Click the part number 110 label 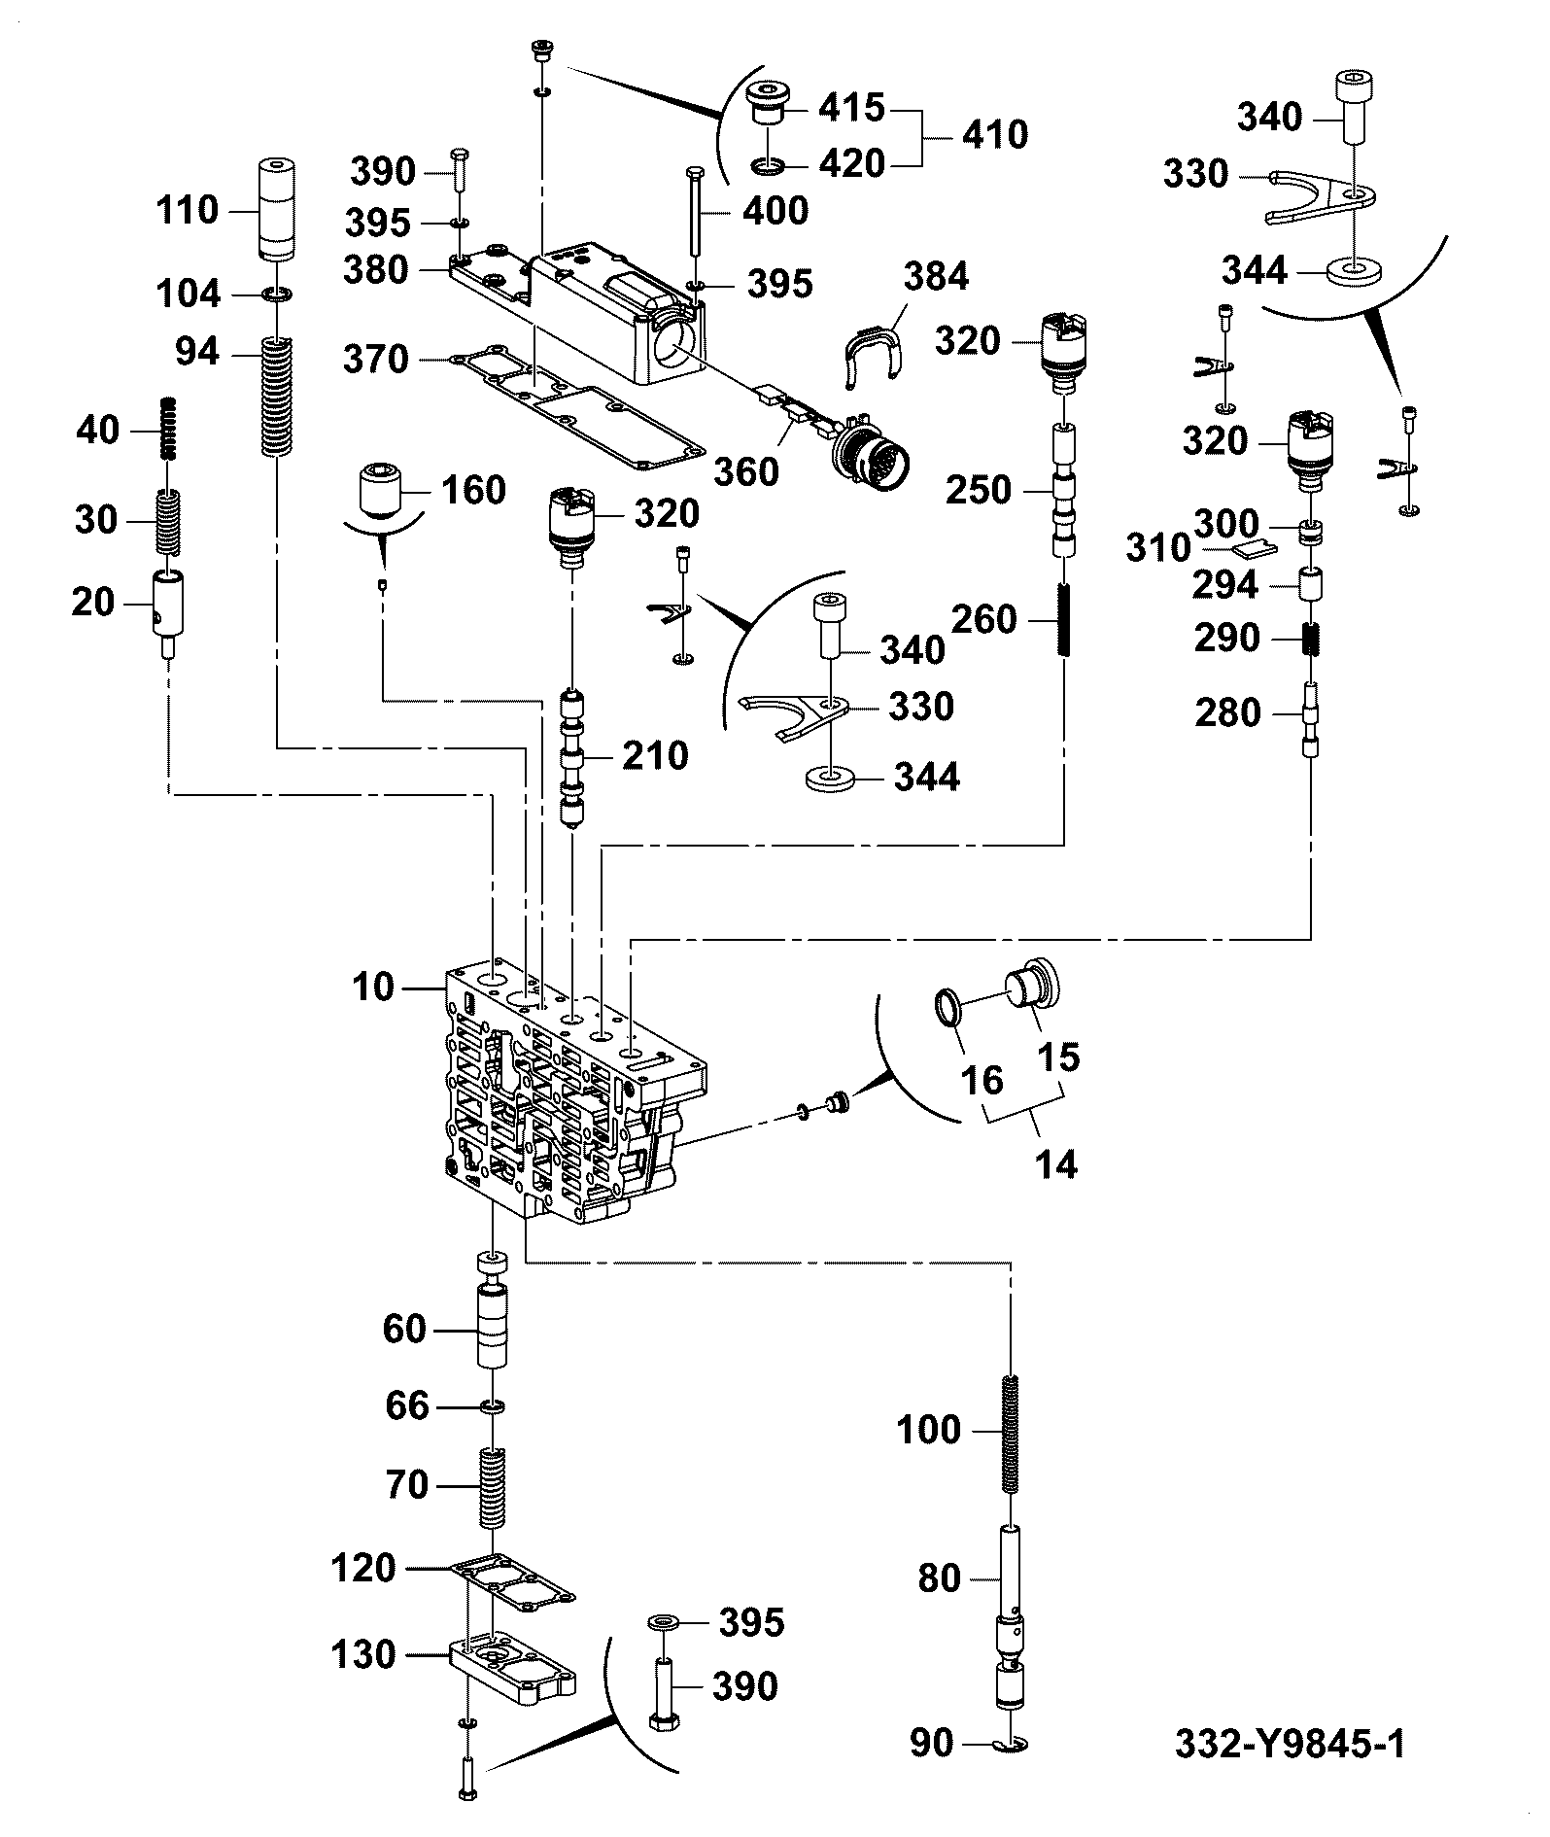[189, 210]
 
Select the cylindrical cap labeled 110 [278, 209]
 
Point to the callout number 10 [374, 988]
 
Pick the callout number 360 [746, 472]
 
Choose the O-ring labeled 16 [949, 1006]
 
